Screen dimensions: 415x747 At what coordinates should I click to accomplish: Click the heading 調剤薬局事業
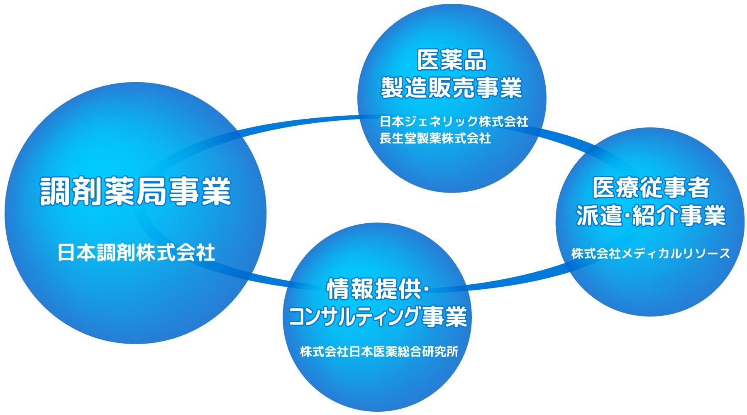click(x=135, y=191)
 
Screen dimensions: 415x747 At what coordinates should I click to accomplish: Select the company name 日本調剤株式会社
click(x=136, y=253)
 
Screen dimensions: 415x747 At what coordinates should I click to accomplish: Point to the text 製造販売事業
click(x=452, y=88)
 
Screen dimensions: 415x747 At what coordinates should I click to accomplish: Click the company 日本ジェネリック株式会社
click(x=454, y=122)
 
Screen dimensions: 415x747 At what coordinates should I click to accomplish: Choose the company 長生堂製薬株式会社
click(x=435, y=138)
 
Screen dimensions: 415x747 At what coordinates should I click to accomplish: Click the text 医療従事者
click(x=651, y=189)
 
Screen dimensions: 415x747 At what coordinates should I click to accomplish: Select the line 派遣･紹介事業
click(x=651, y=215)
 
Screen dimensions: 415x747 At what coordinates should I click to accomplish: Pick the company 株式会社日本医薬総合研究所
click(x=379, y=352)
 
